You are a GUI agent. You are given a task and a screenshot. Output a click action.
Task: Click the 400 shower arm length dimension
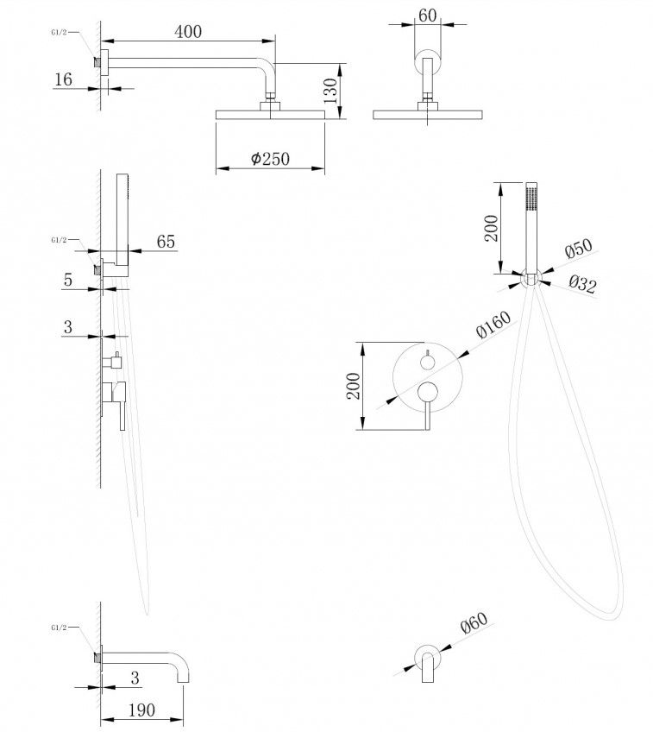[x=187, y=32]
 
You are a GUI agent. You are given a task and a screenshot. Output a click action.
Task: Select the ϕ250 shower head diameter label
[x=270, y=159]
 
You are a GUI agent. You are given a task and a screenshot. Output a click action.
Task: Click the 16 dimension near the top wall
[x=63, y=79]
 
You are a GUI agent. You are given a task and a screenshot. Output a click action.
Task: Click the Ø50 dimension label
[x=579, y=251]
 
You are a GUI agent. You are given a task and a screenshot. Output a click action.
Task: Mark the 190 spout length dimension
[x=141, y=710]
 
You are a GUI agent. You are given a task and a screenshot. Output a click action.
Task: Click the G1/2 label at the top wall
[x=59, y=33]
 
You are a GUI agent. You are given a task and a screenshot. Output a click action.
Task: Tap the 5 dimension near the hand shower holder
[x=66, y=279]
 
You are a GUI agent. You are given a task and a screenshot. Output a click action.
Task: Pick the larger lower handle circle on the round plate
[x=427, y=394]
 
